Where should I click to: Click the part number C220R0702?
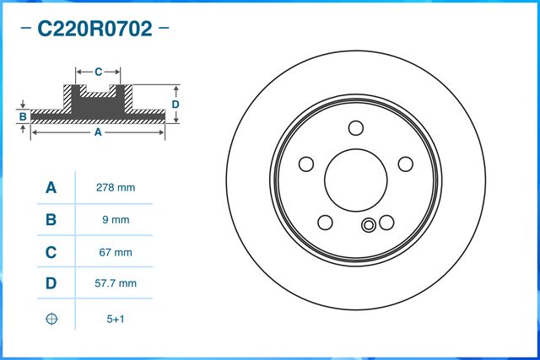coord(94,30)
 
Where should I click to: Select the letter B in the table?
coord(51,220)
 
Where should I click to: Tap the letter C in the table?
coord(51,252)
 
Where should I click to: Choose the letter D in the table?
coord(51,284)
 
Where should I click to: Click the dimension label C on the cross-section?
coord(98,72)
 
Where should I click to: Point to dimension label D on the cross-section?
coord(175,104)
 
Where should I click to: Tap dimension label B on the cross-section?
coord(24,116)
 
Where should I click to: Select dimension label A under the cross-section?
coord(97,132)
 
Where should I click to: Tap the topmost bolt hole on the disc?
coord(356,128)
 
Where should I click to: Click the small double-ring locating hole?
coord(368,225)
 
